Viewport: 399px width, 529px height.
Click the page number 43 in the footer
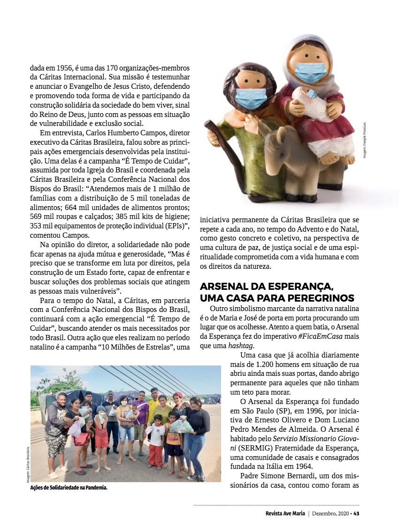click(356, 513)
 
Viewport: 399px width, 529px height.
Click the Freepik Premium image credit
click(364, 140)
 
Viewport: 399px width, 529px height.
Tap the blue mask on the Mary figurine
click(311, 72)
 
